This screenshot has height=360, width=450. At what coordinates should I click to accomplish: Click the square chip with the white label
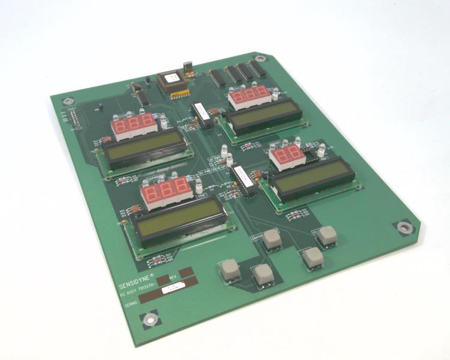(x=171, y=82)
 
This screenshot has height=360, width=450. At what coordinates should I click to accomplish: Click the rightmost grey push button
(x=327, y=235)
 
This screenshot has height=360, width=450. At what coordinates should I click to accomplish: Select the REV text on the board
(x=173, y=277)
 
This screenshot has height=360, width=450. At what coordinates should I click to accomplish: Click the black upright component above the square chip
(x=186, y=65)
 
